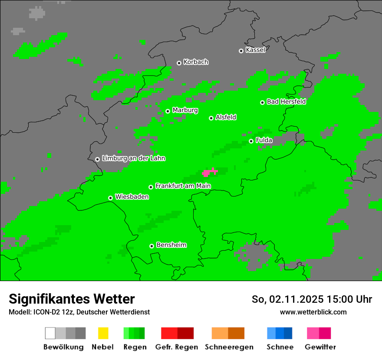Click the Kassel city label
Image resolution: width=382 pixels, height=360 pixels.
pos(255,50)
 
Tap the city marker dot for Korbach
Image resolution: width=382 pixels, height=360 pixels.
pos(179,63)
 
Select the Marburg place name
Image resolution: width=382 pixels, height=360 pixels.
pos(185,110)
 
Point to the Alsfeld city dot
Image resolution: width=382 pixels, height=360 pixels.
pos(211,118)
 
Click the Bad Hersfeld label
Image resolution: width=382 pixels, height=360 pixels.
pos(286,101)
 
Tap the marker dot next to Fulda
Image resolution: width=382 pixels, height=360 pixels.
pos(251,141)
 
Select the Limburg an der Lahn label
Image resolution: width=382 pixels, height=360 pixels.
pos(133,158)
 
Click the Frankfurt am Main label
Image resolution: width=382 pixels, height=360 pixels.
pos(183,186)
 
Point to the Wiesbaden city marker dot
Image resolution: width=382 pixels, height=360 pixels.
pos(110,198)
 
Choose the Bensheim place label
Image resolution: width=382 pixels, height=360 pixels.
pos(171,245)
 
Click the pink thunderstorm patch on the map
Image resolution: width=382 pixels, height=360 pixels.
pos(210,172)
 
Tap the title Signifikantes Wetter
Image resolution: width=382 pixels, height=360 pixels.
pos(72,299)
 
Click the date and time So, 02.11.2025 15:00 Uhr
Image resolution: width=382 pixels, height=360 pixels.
pos(312,299)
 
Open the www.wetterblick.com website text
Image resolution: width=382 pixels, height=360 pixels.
pos(313,312)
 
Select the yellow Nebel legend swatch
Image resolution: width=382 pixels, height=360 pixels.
pos(103,333)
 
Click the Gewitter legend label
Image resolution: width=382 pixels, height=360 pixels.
pos(320,347)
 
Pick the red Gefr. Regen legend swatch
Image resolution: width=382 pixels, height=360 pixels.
pos(177,333)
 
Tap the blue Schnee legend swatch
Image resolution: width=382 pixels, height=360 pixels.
pos(280,333)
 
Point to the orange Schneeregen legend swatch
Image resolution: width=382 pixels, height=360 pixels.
pos(228,333)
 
